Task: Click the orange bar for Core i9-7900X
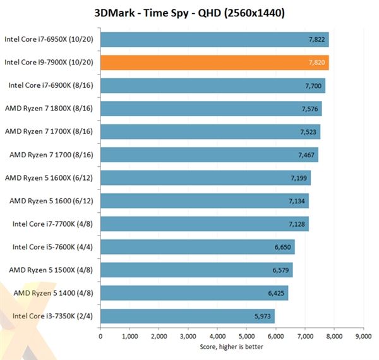click(x=215, y=63)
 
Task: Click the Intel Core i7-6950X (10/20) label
click(x=50, y=39)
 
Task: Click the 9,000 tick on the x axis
click(x=363, y=336)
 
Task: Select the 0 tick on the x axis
click(x=100, y=336)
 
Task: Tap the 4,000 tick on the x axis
click(x=217, y=336)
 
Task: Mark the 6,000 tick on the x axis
click(x=275, y=336)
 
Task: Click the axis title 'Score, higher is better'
click(x=231, y=346)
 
